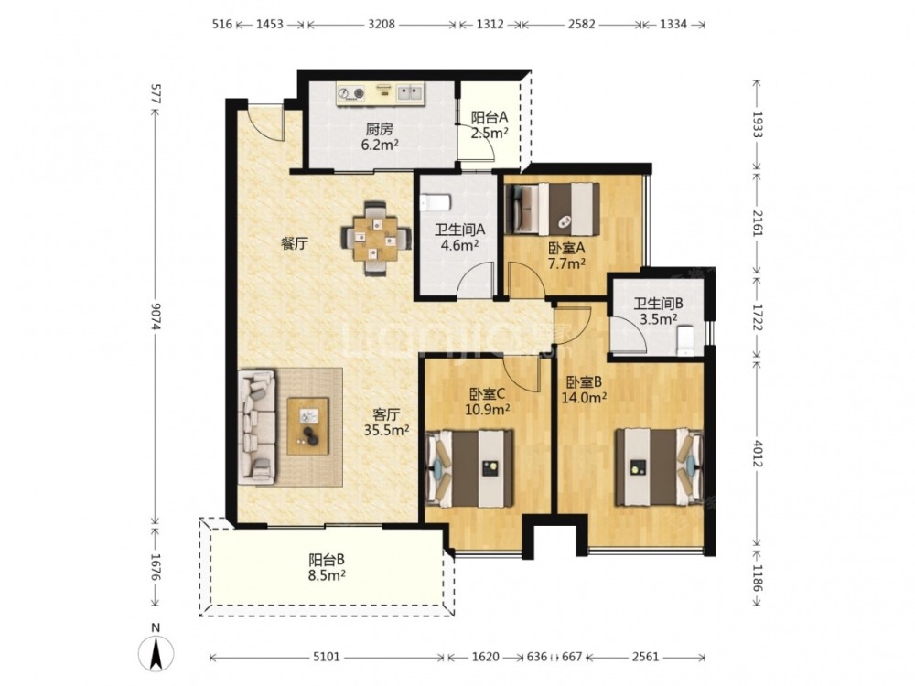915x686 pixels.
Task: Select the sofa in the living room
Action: (257, 427)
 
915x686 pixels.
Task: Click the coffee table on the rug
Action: (307, 426)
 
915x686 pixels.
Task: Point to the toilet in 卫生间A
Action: (436, 203)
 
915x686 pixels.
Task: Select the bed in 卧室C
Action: (470, 467)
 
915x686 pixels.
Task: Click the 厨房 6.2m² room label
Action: (380, 136)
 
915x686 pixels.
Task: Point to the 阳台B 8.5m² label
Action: (327, 568)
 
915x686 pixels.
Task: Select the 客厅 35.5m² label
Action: (386, 423)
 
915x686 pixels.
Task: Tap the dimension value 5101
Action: (327, 658)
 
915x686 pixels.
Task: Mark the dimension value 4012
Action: (758, 454)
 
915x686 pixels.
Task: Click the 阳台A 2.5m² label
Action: (490, 124)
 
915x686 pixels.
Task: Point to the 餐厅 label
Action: (295, 244)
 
